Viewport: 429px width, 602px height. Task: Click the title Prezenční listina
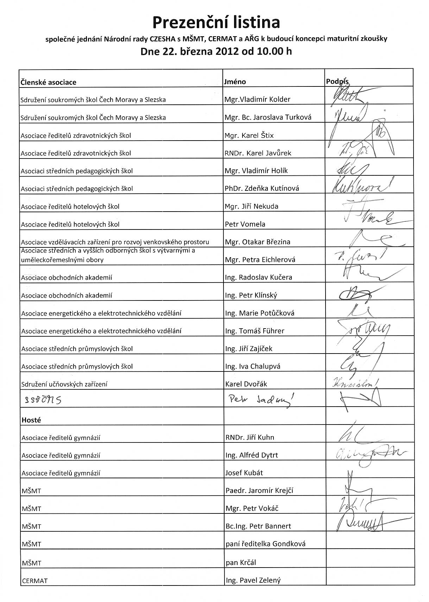pyautogui.click(x=216, y=22)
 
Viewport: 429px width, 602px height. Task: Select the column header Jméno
pyautogui.click(x=235, y=82)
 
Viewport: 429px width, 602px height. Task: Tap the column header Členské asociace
pyautogui.click(x=48, y=82)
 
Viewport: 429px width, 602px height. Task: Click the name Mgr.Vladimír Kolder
pyautogui.click(x=257, y=99)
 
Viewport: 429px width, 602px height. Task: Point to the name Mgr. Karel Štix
pyautogui.click(x=249, y=135)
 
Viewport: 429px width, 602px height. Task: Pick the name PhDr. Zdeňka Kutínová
pyautogui.click(x=262, y=188)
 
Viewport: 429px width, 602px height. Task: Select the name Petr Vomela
pyautogui.click(x=245, y=224)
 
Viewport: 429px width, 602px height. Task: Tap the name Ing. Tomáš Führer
pyautogui.click(x=254, y=331)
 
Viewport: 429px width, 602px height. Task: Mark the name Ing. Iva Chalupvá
pyautogui.click(x=253, y=366)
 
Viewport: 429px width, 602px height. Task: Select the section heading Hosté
pyautogui.click(x=31, y=420)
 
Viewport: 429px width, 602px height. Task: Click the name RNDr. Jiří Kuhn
pyautogui.click(x=250, y=438)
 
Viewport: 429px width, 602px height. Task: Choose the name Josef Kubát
pyautogui.click(x=244, y=473)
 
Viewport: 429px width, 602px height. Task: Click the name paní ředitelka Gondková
pyautogui.click(x=265, y=544)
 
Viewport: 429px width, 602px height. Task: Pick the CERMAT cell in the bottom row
pyautogui.click(x=34, y=581)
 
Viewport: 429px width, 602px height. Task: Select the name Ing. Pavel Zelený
pyautogui.click(x=253, y=580)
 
